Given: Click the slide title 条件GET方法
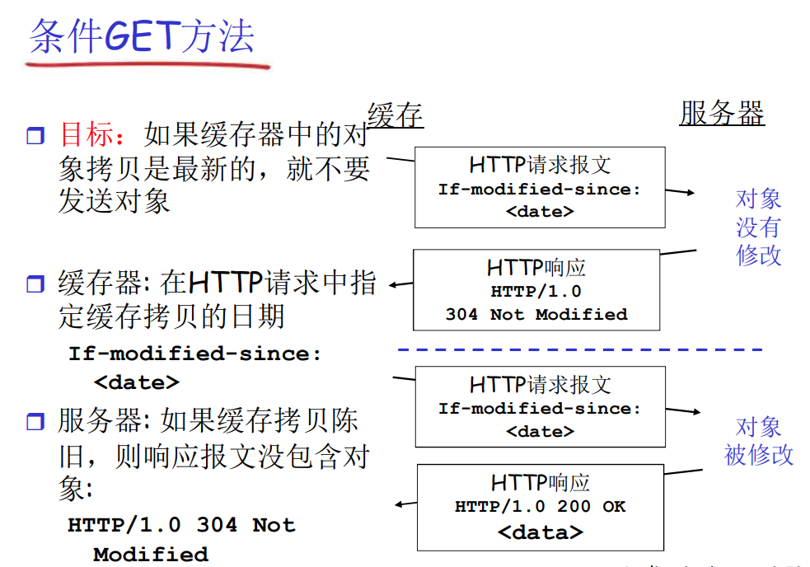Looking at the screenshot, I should click(142, 36).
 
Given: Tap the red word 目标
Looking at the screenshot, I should click(90, 134).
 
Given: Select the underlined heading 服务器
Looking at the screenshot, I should click(722, 113).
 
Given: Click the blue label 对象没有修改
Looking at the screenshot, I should click(758, 227).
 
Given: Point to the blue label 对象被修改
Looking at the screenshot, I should click(758, 441).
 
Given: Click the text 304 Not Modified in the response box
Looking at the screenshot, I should click(536, 314).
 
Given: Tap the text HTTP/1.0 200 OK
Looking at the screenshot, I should click(540, 507).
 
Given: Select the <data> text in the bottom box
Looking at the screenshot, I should click(540, 532).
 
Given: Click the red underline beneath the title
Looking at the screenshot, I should click(148, 63).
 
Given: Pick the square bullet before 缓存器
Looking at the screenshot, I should click(34, 285).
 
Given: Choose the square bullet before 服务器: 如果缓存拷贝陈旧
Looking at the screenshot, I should click(34, 423).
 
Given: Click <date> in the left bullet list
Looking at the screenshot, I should click(137, 382).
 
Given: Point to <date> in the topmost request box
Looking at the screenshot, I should click(540, 211).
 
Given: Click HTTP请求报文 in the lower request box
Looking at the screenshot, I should click(540, 384).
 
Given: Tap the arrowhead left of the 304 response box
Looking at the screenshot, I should click(394, 285).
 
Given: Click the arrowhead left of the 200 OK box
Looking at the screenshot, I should click(400, 504).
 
